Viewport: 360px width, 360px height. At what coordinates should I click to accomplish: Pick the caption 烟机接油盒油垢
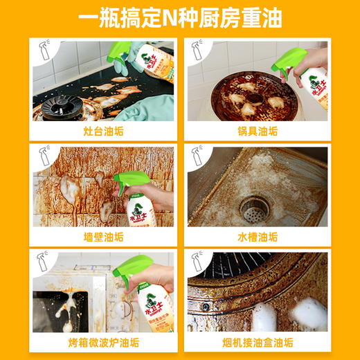tap(258, 343)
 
